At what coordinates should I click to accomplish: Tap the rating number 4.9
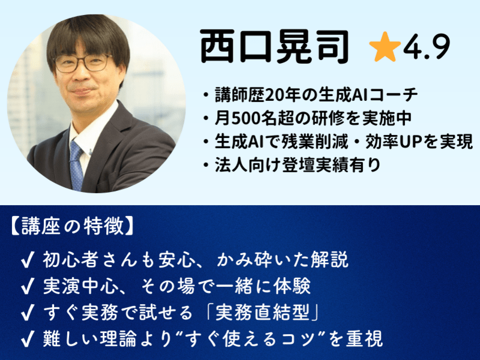(427, 49)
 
